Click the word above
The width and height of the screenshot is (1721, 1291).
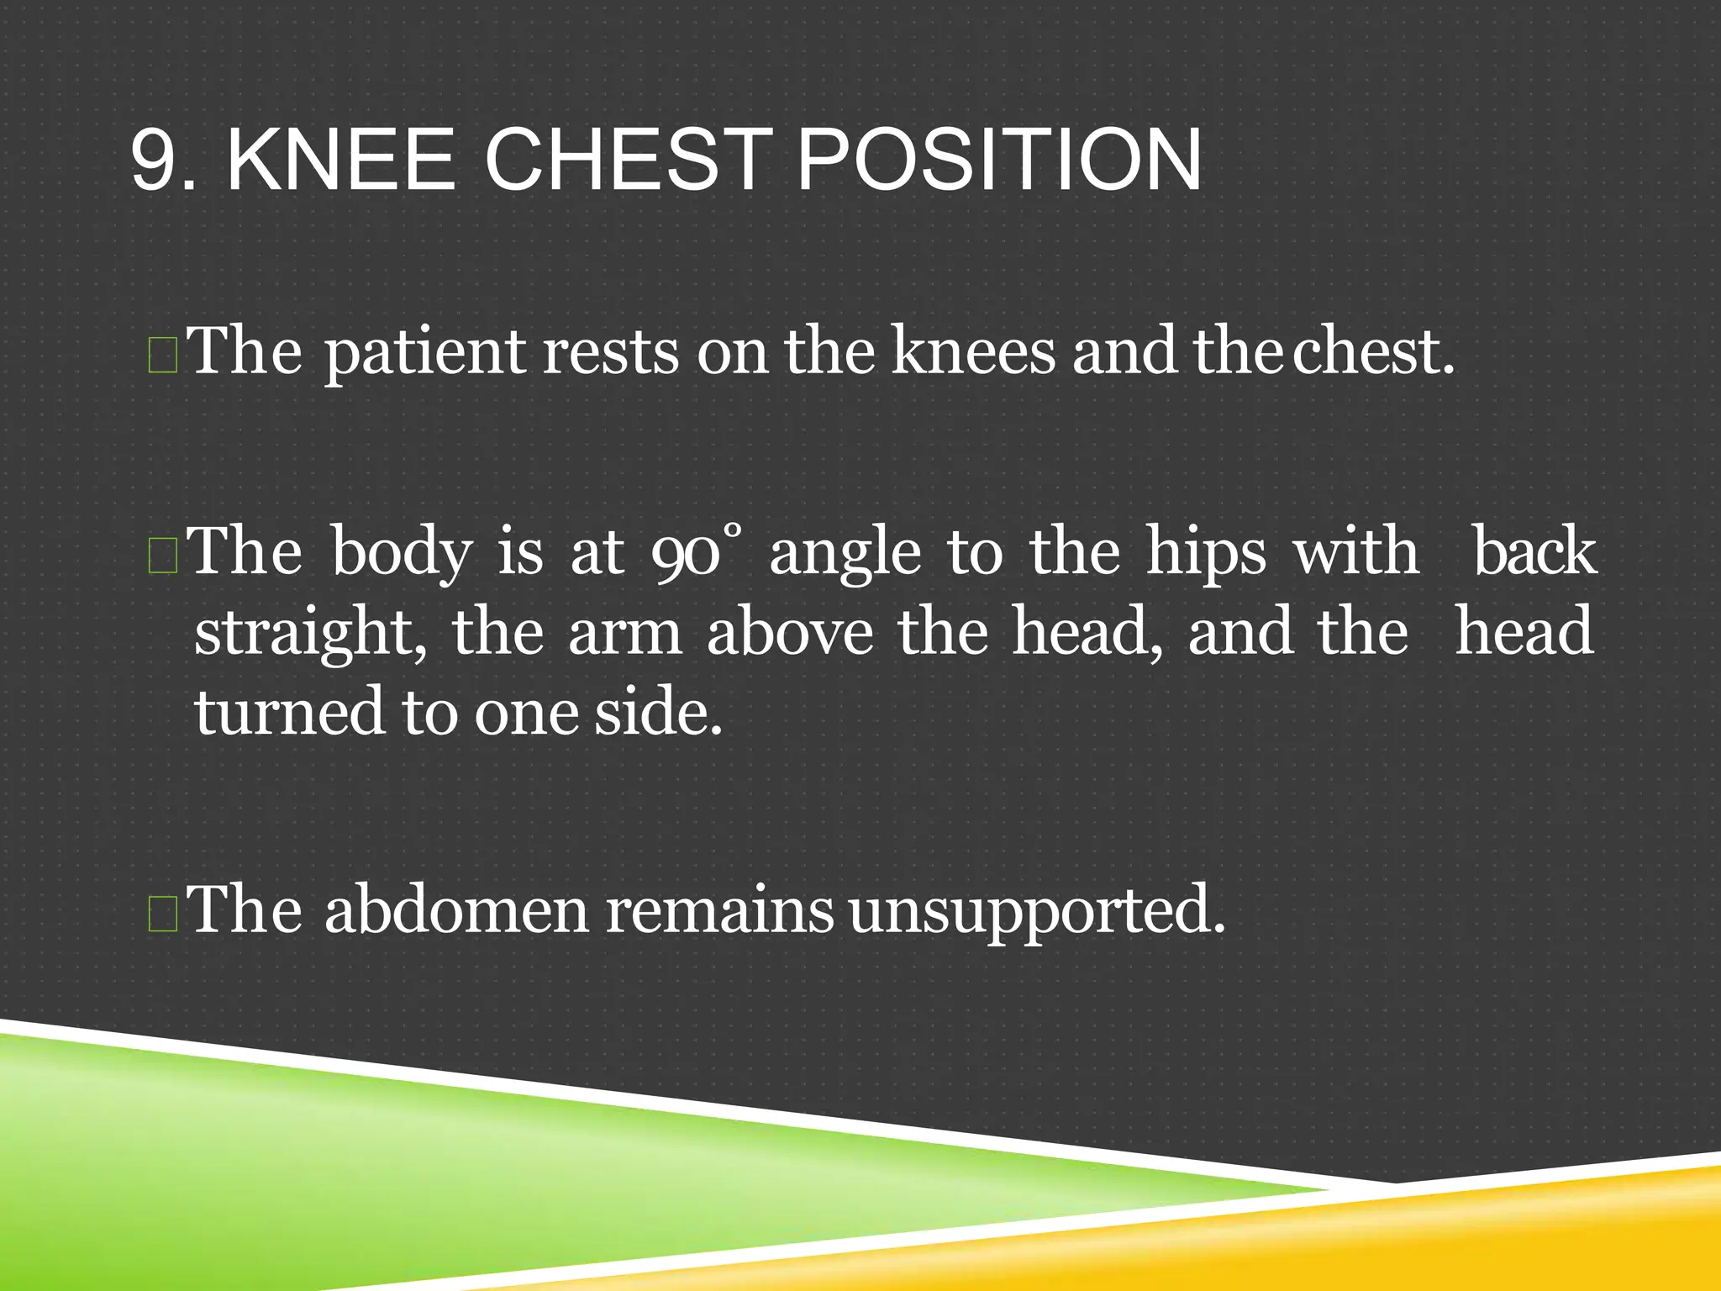(x=790, y=633)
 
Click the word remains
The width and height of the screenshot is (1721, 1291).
(x=719, y=909)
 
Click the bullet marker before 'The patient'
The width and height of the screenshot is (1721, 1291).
(x=161, y=355)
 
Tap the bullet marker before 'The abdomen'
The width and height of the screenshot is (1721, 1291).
(x=161, y=914)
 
